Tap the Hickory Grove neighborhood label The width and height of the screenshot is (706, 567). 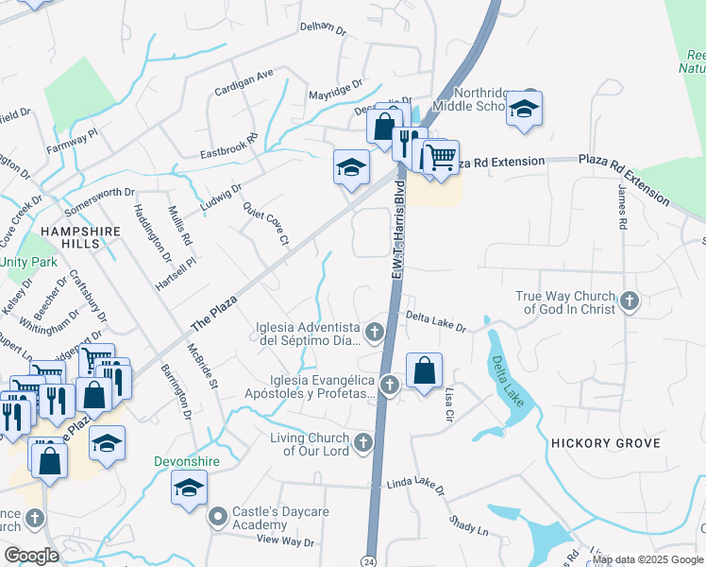click(x=599, y=442)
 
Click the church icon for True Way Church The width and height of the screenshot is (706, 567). click(x=630, y=302)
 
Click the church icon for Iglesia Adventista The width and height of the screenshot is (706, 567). click(x=375, y=332)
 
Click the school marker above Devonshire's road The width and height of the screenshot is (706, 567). click(x=189, y=489)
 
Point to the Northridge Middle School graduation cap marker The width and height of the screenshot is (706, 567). click(x=524, y=111)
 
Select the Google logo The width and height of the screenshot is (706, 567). click(x=32, y=556)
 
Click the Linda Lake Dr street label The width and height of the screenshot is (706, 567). click(x=415, y=487)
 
